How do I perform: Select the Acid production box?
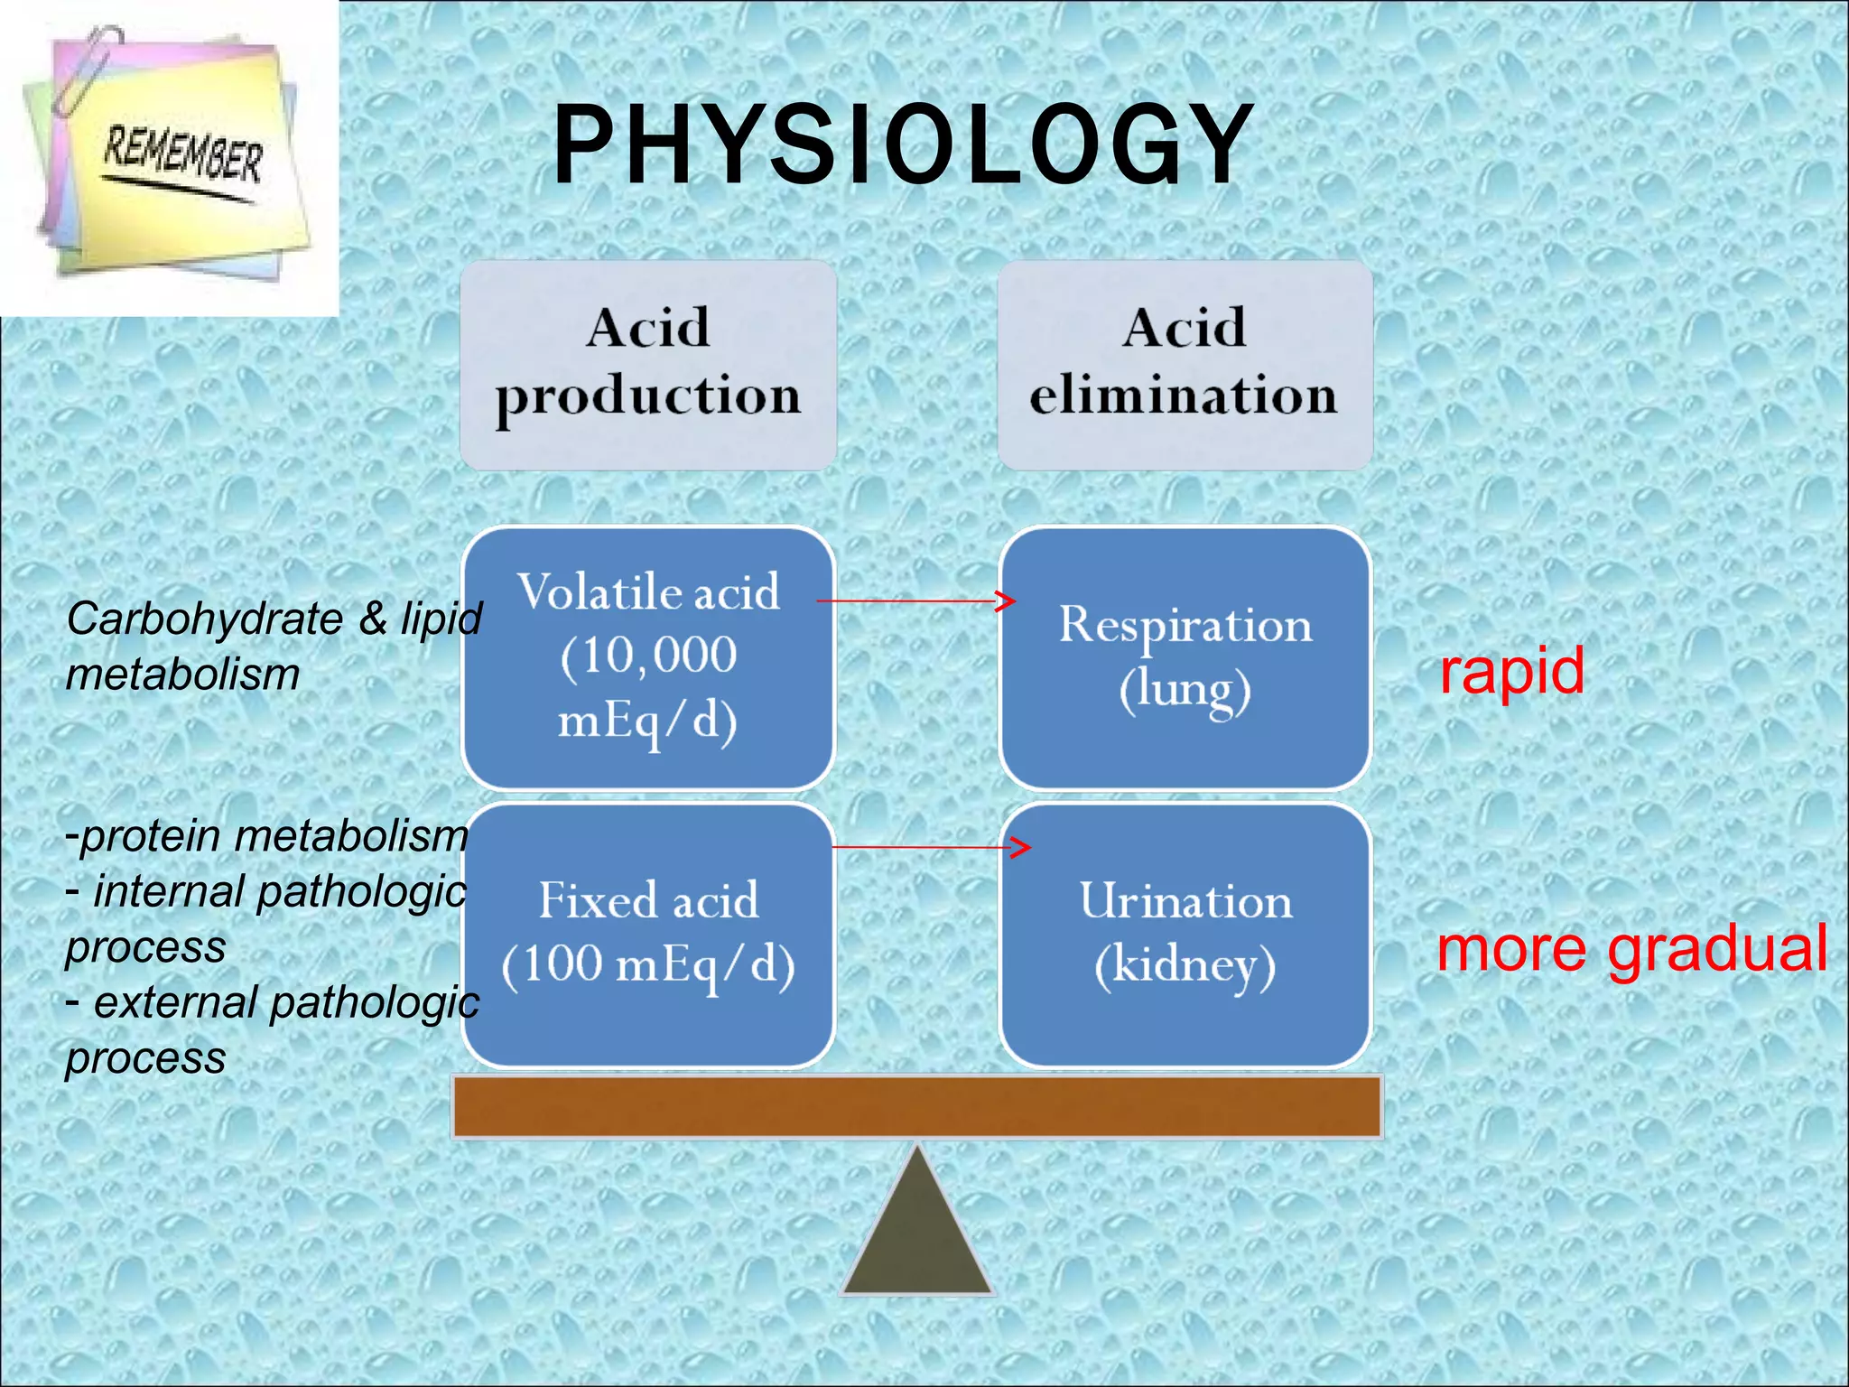point(647,364)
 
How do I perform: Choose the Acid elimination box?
point(1185,364)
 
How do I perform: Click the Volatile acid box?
point(647,657)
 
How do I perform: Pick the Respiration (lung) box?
point(1185,657)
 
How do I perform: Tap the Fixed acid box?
point(647,935)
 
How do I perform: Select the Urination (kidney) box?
point(1185,935)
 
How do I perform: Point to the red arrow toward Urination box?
point(930,847)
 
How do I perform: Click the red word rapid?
point(1511,671)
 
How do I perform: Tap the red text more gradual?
point(1631,948)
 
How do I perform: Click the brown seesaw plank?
point(916,1106)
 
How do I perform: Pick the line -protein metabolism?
point(266,836)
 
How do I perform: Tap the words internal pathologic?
point(280,892)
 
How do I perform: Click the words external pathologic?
point(285,1002)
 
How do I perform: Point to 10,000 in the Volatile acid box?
point(648,656)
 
